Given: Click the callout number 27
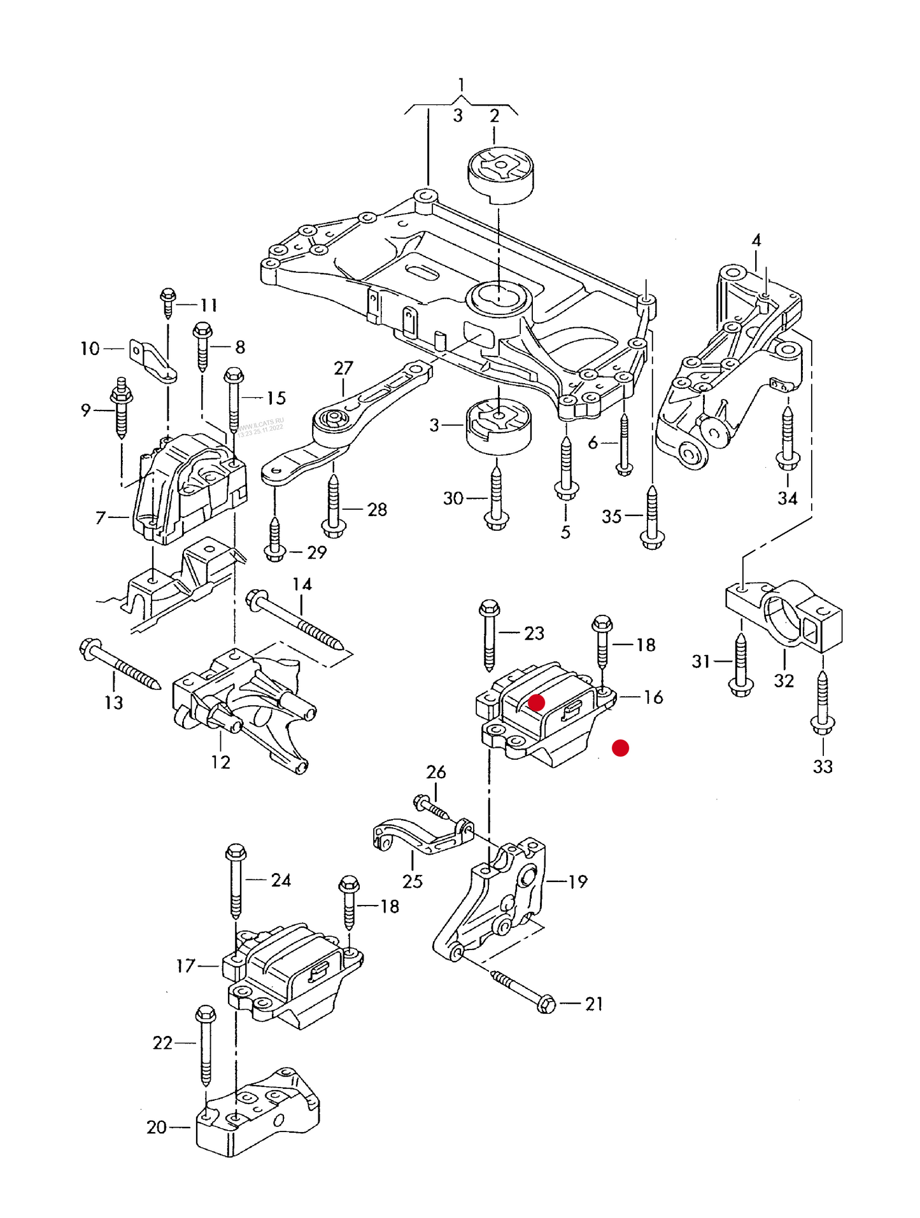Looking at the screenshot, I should point(343,368).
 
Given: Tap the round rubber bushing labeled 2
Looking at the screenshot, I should point(500,174).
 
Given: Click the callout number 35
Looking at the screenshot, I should point(611,516).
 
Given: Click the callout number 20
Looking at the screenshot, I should point(157,1127).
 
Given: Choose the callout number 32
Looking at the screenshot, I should point(784,681).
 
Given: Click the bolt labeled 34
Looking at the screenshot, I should point(788,439).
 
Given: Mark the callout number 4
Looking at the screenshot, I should point(756,241).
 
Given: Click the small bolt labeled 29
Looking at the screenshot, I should point(274,541).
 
